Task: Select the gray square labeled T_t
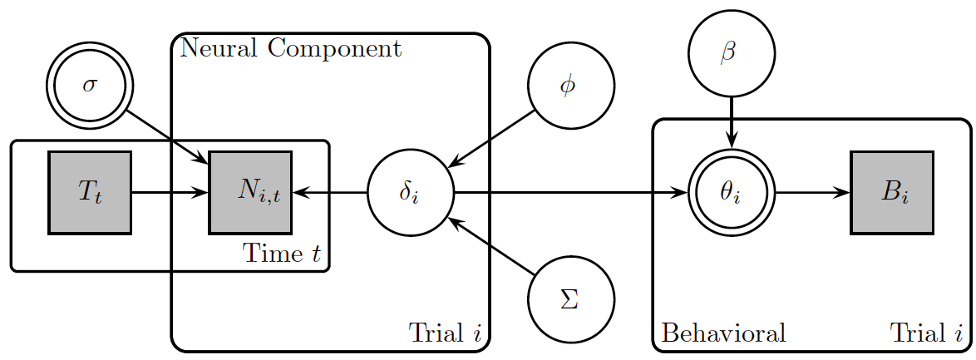tap(90, 193)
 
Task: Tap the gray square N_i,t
tap(249, 193)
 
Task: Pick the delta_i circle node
tap(410, 193)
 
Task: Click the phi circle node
tap(570, 86)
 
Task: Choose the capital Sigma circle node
tap(570, 299)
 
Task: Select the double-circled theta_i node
tap(731, 193)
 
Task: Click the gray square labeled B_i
tap(891, 193)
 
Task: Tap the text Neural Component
tap(290, 48)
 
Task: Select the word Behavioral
tap(723, 333)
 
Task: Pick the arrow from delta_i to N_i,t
tap(329, 193)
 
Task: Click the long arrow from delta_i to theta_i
tap(569, 193)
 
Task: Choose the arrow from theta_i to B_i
tap(811, 193)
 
